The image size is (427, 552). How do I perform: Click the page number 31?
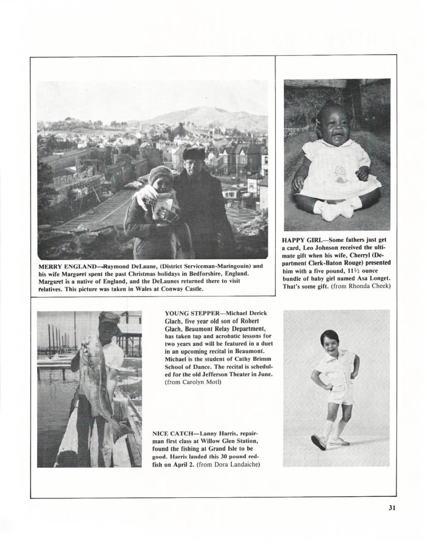[x=392, y=508]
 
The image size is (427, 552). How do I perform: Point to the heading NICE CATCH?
[x=173, y=434]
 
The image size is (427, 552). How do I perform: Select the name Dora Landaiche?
[x=239, y=465]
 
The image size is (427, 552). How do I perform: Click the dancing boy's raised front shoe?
[x=318, y=442]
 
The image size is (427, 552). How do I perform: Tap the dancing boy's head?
[x=330, y=341]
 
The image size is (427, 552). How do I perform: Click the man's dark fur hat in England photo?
[x=194, y=153]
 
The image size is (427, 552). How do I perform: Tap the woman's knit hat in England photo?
[x=161, y=174]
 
